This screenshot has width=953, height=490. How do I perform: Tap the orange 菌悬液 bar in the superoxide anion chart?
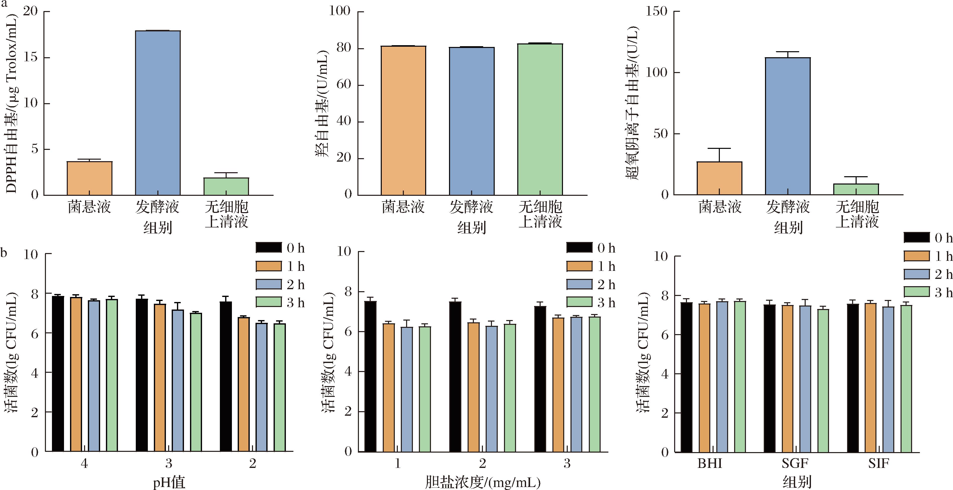click(719, 178)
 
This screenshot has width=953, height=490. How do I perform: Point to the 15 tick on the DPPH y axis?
click(31, 58)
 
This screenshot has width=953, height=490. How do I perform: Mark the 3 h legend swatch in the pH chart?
click(269, 302)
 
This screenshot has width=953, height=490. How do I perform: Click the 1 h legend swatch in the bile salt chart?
click(579, 266)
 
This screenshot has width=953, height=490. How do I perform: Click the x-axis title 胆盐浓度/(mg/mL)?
click(483, 482)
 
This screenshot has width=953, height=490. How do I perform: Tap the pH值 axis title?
click(169, 482)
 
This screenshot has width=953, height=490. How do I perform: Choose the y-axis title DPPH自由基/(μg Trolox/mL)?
click(12, 104)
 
